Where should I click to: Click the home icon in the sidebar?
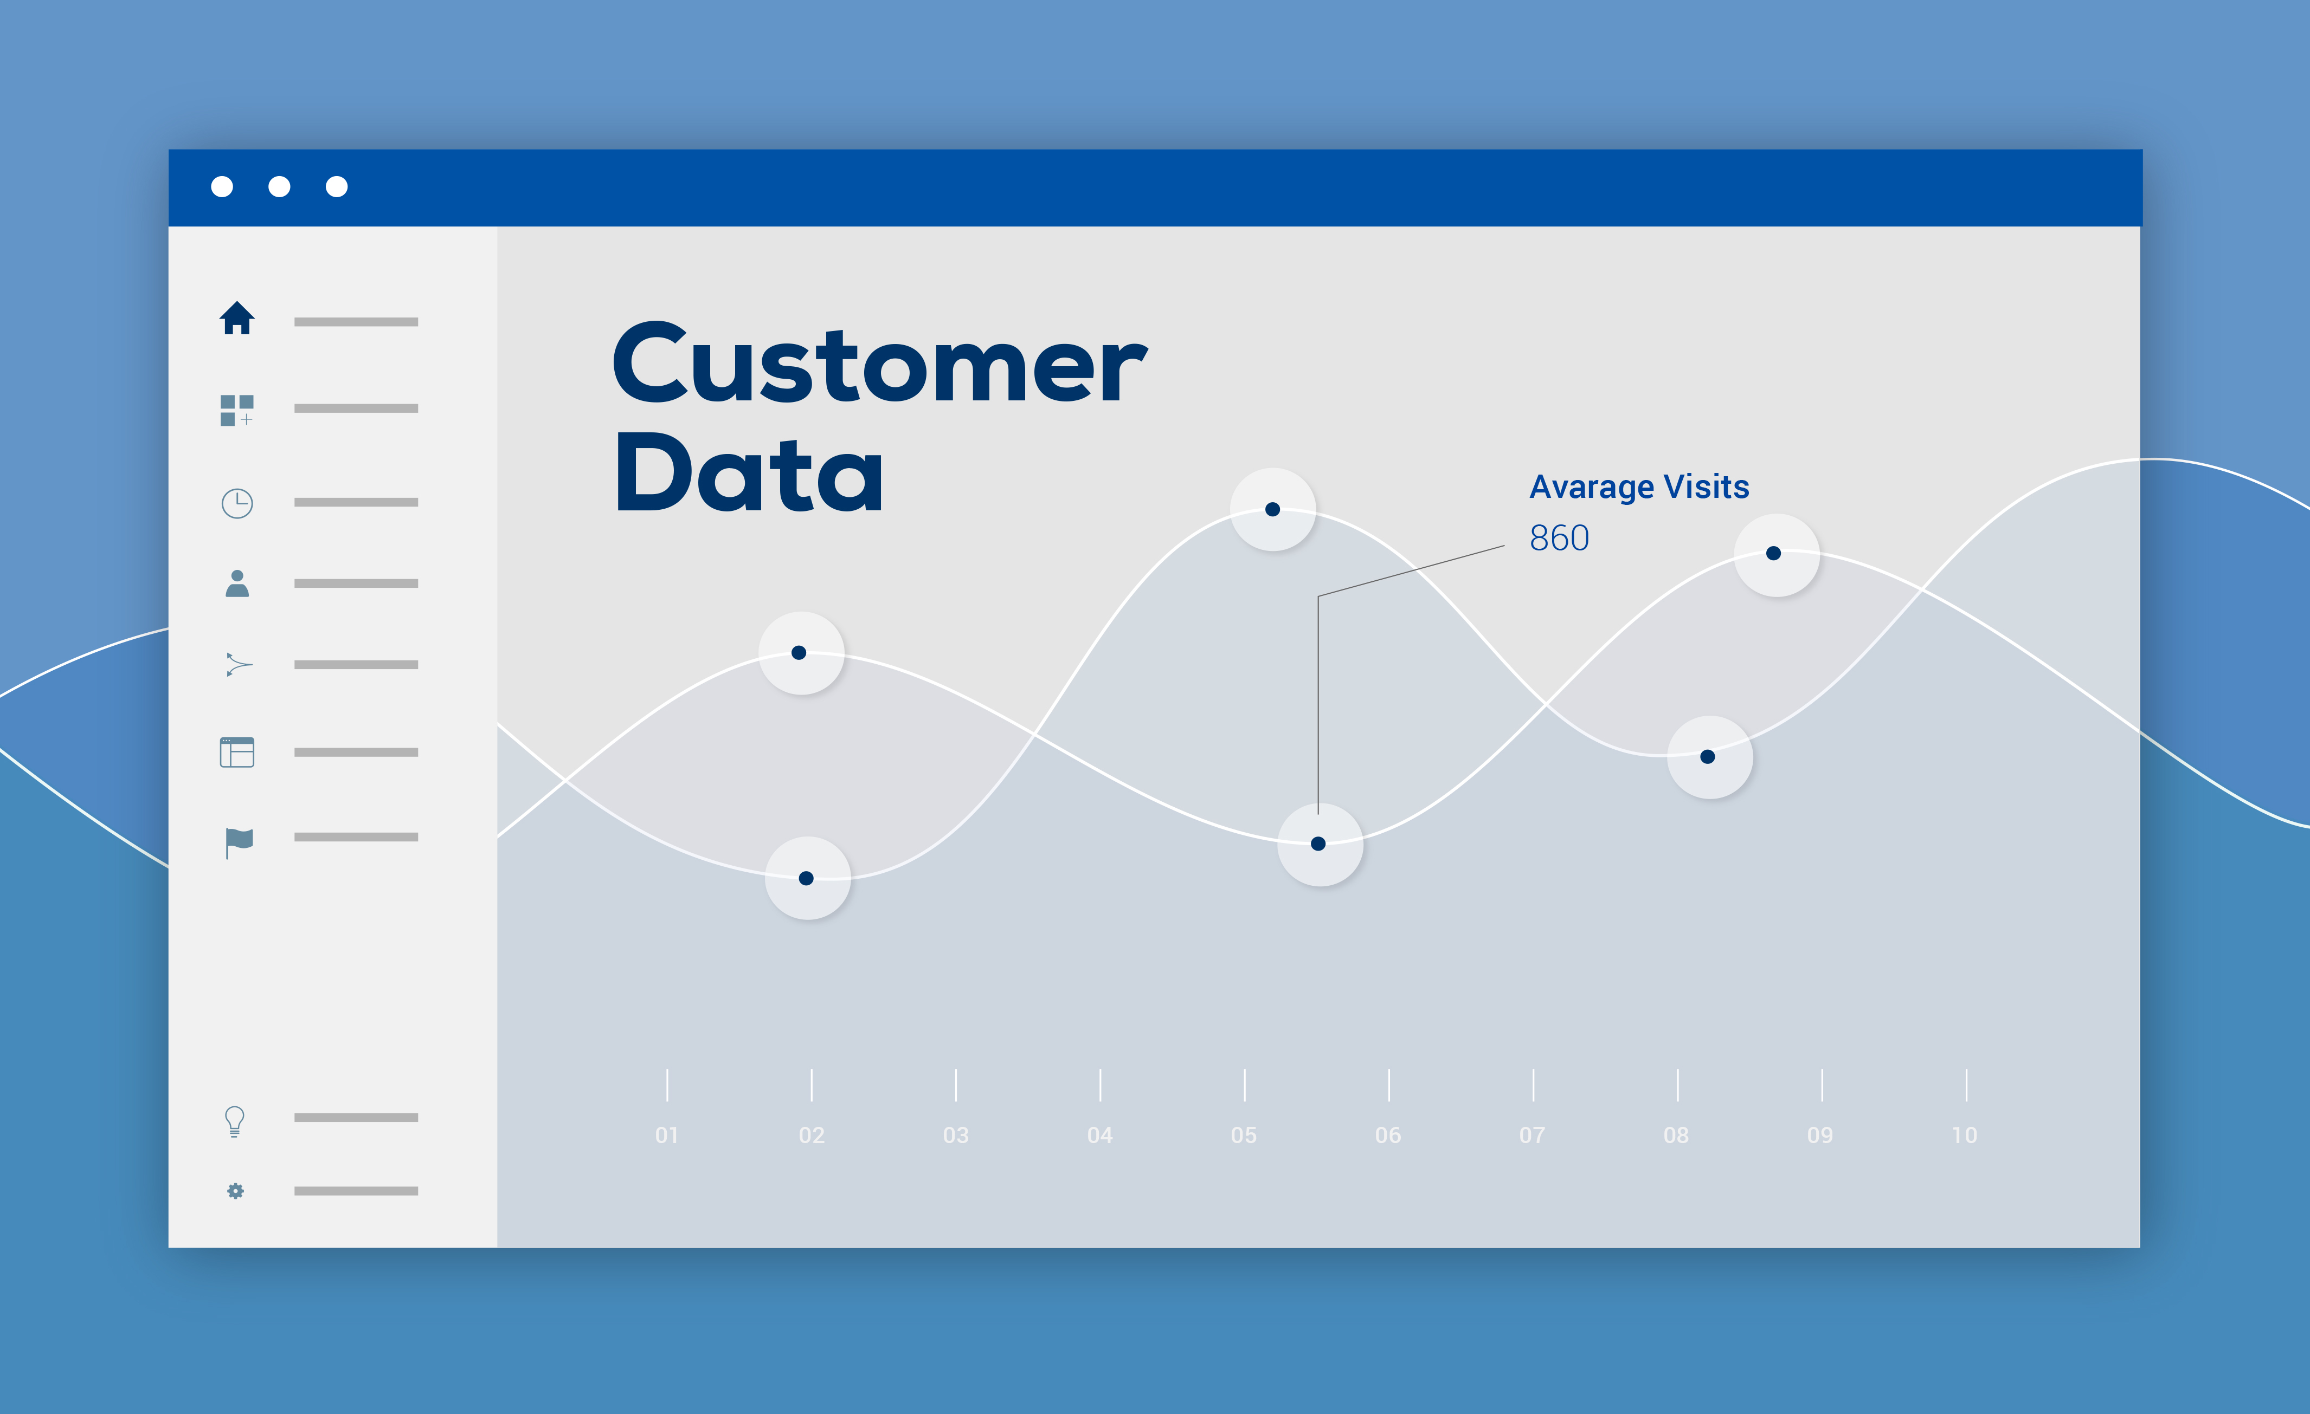pyautogui.click(x=237, y=319)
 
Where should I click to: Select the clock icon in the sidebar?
pyautogui.click(x=237, y=503)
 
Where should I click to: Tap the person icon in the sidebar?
pyautogui.click(x=237, y=584)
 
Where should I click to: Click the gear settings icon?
pyautogui.click(x=235, y=1191)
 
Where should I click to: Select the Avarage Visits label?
pyautogui.click(x=1639, y=487)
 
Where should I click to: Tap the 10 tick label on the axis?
pyautogui.click(x=1964, y=1136)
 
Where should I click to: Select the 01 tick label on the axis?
pyautogui.click(x=667, y=1136)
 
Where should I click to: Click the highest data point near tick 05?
pyautogui.click(x=1272, y=510)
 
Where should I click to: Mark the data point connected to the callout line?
pyautogui.click(x=1318, y=844)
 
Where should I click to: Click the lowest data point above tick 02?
pyautogui.click(x=806, y=878)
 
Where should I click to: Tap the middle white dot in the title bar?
pyautogui.click(x=279, y=186)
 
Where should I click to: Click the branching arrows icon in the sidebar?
pyautogui.click(x=238, y=664)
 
